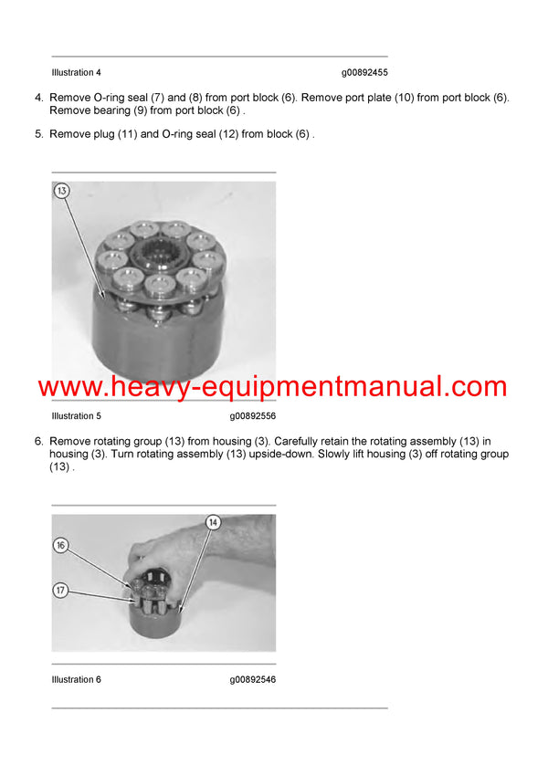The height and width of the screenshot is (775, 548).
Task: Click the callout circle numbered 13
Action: pyautogui.click(x=61, y=191)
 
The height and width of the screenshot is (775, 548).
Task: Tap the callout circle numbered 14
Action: pyautogui.click(x=214, y=522)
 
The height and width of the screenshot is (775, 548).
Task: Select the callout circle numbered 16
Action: pyautogui.click(x=61, y=545)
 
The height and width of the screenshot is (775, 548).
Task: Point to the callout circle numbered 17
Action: pyautogui.click(x=61, y=591)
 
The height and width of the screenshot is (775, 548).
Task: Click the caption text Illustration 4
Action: pyautogui.click(x=77, y=72)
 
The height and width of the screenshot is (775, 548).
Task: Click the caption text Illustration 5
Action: pyautogui.click(x=77, y=416)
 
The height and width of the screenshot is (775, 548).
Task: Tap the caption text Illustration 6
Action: pyautogui.click(x=77, y=679)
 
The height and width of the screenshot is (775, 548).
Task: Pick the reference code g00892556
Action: pyautogui.click(x=253, y=416)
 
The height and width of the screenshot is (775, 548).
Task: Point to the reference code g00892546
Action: pyautogui.click(x=253, y=679)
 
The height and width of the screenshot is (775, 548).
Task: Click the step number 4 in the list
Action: pyautogui.click(x=38, y=98)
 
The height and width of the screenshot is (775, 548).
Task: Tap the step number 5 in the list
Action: pyautogui.click(x=38, y=134)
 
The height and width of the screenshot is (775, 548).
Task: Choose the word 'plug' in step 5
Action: pyautogui.click(x=121, y=134)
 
